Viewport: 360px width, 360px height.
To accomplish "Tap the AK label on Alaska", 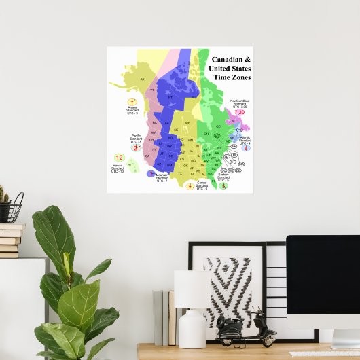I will (x=143, y=80).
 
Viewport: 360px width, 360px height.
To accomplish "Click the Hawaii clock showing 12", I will (x=119, y=158).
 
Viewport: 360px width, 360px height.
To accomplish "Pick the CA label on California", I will (x=147, y=156).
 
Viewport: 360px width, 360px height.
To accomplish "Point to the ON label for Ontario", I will (x=207, y=134).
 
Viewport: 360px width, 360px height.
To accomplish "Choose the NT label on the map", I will (x=171, y=97).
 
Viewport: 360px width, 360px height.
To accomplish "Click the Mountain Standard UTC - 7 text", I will (x=162, y=179).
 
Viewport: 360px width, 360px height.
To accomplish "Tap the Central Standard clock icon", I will (x=190, y=185).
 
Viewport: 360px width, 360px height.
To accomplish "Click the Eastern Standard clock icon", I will (x=223, y=185).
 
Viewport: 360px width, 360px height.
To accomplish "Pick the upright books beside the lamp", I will (x=163, y=316).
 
